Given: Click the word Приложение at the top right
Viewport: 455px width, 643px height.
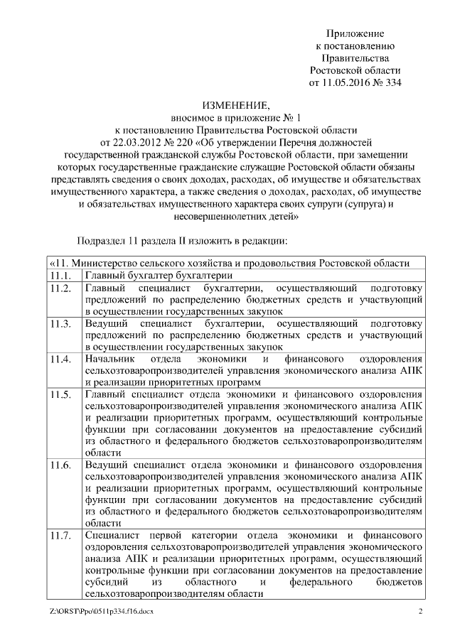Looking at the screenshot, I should (x=355, y=33).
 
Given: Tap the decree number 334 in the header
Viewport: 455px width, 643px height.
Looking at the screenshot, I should (x=392, y=83).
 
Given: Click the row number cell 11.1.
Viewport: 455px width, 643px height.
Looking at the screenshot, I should (x=60, y=275).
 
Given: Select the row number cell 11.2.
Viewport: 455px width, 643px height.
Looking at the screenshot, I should (x=60, y=288).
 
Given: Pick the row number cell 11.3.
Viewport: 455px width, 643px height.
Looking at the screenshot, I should (x=60, y=323).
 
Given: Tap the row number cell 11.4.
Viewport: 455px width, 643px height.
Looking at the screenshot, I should (x=60, y=359).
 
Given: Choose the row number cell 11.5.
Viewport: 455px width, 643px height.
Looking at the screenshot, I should (x=60, y=394).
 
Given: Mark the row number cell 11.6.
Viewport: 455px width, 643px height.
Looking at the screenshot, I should (x=60, y=465).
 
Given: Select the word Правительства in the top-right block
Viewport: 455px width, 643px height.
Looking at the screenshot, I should (x=355, y=58).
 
